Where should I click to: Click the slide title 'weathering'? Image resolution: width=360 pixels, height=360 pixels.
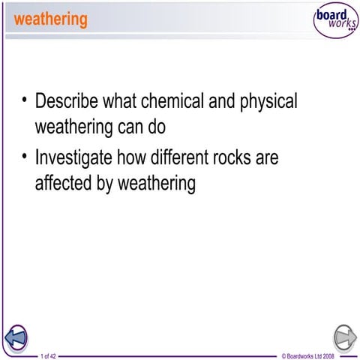pos(50,19)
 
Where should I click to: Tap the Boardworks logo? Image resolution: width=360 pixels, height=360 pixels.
pos(335,22)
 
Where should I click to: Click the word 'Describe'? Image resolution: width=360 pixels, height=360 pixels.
pos(70,101)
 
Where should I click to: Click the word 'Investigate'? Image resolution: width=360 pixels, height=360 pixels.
pos(76,160)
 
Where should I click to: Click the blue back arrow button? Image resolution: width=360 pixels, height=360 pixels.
pos(16,338)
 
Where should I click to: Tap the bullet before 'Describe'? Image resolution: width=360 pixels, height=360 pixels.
pos(25,100)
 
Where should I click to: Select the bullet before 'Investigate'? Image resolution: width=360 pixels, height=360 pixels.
pos(25,157)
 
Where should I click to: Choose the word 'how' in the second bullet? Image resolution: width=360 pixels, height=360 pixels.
pos(139,159)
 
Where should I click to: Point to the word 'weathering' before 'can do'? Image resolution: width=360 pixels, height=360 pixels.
pos(73,126)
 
